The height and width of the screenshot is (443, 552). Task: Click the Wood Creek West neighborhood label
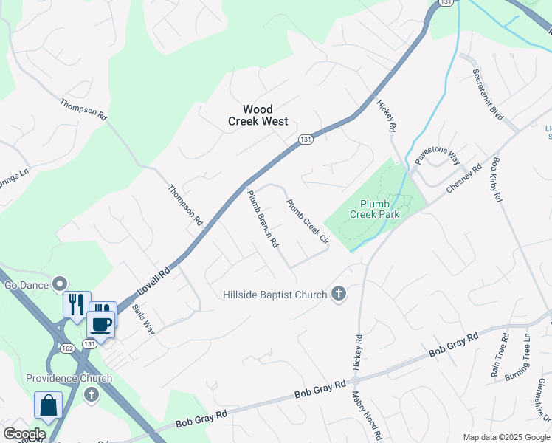coord(258,116)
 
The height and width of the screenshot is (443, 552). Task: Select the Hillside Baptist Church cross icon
coord(339,295)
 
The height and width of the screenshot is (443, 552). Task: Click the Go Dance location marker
coord(61,284)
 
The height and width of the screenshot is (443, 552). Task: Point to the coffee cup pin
coord(100,323)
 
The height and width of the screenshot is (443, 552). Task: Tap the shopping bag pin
coord(48,406)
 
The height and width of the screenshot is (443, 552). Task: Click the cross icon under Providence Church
coord(92,394)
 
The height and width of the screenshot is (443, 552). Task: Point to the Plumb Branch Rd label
coord(262,219)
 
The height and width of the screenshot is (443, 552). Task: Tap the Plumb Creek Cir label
coord(307,221)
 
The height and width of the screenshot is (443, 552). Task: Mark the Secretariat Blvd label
coord(488,96)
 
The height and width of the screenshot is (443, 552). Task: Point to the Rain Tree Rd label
coord(500,355)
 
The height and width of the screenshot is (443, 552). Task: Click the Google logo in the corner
coord(24,434)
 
